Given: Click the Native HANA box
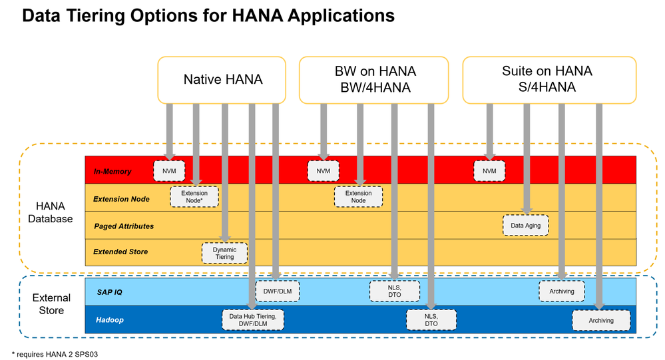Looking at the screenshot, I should point(222,80).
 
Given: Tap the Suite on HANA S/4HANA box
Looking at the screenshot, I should point(549,80).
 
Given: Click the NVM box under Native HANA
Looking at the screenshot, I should point(169,171).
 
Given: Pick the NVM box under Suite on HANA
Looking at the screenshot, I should point(489,171).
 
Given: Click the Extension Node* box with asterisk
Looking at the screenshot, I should point(194,197).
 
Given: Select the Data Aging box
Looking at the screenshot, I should point(526,226).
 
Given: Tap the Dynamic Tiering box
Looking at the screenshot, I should point(224,254).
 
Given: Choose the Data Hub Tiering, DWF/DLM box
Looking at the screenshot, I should point(252,320).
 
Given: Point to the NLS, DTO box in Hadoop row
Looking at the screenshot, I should point(431,320).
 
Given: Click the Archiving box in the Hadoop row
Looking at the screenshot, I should point(600,320).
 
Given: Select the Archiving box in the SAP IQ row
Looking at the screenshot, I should point(562,291).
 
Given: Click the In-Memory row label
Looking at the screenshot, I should point(112,172).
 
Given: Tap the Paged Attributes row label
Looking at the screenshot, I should point(123,226).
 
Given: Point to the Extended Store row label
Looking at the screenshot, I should point(120,252).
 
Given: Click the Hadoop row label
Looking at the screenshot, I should point(109,320).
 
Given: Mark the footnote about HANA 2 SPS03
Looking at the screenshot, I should point(55,353).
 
